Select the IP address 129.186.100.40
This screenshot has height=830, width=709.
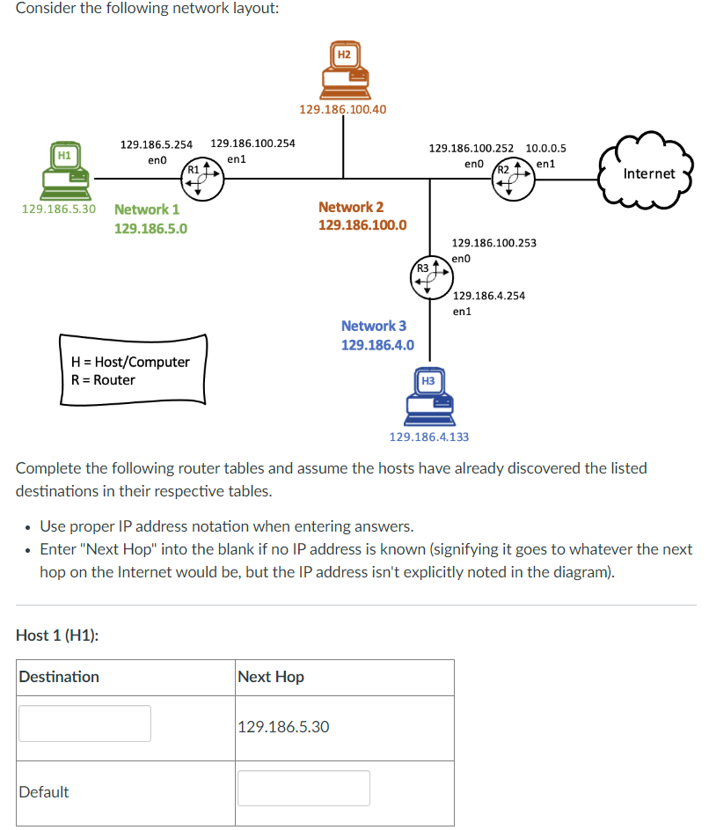tap(342, 110)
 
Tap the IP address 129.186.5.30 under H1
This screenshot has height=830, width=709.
tap(58, 209)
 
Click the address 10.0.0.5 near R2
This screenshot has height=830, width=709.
tap(545, 148)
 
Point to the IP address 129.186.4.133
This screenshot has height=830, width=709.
tap(428, 437)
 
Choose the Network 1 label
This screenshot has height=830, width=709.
tap(147, 209)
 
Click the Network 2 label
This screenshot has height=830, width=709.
tap(351, 207)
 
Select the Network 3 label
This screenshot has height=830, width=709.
tap(374, 326)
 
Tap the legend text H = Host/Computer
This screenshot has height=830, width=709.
tap(130, 362)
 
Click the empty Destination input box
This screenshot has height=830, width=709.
tap(84, 723)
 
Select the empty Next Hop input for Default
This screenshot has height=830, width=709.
tap(303, 788)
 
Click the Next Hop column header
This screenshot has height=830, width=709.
tap(271, 677)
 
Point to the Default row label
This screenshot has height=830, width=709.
tap(44, 792)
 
